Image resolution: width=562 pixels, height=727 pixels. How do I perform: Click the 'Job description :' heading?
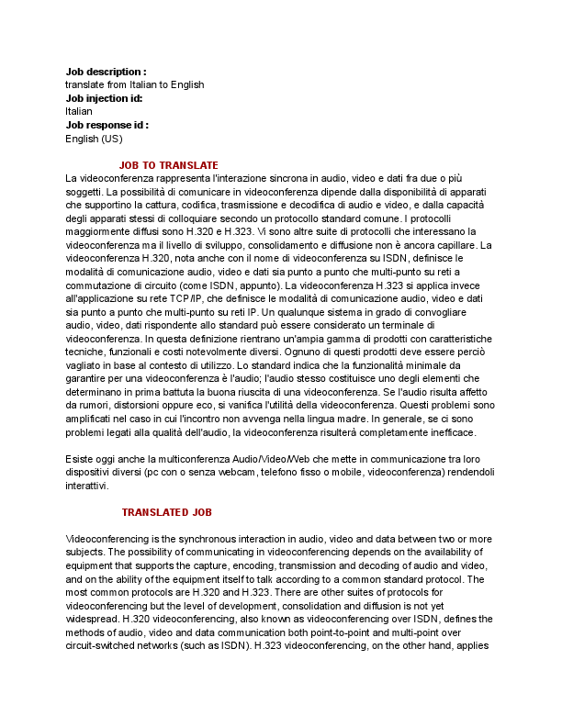click(106, 72)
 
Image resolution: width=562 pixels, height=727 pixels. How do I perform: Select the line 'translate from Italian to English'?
click(134, 84)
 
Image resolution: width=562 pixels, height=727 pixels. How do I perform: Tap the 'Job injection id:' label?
click(104, 98)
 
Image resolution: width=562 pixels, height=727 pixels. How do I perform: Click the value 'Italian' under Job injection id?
click(79, 111)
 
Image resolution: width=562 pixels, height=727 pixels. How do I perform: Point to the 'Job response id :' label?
click(107, 125)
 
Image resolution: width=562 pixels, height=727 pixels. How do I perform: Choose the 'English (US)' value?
click(94, 139)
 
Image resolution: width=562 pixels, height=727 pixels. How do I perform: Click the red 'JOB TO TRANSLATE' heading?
click(169, 165)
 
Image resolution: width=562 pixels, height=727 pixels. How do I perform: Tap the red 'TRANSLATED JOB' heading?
click(168, 511)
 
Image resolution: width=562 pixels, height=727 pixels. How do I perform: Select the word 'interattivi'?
click(87, 486)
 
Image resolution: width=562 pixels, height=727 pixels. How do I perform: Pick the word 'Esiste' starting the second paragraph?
click(81, 459)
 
